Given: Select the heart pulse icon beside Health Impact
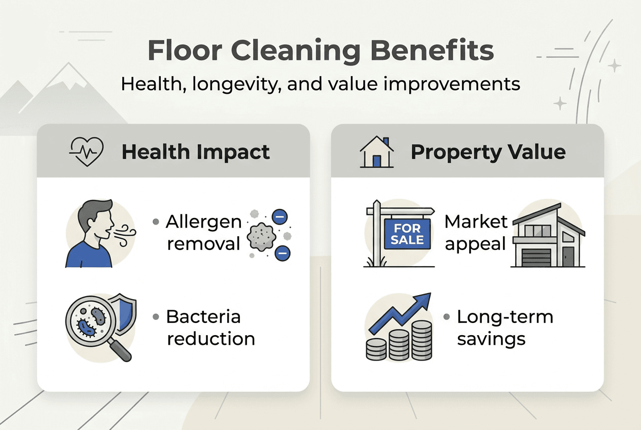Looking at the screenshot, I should (x=86, y=151).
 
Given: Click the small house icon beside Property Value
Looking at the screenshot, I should (x=377, y=152).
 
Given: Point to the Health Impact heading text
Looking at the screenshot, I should (x=196, y=152).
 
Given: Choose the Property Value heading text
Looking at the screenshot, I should (x=488, y=152).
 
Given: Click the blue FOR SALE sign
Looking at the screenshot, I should (x=407, y=233).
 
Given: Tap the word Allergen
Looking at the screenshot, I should (x=203, y=222).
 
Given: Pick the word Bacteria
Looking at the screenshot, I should (x=203, y=317).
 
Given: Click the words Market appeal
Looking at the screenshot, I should (x=476, y=233).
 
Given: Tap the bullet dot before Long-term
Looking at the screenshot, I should (x=446, y=317).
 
